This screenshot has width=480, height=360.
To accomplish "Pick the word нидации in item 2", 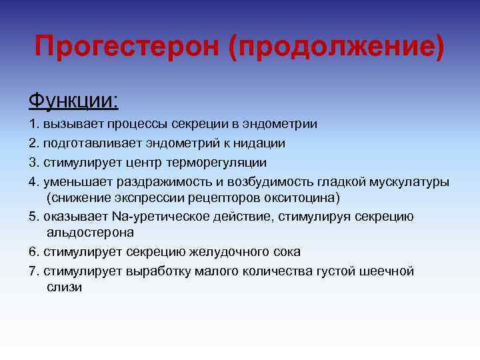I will [261, 143].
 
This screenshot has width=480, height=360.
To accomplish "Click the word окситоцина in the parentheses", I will [308, 197].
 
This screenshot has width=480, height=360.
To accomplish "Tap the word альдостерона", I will [90, 233].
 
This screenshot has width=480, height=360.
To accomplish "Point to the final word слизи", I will [64, 287].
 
